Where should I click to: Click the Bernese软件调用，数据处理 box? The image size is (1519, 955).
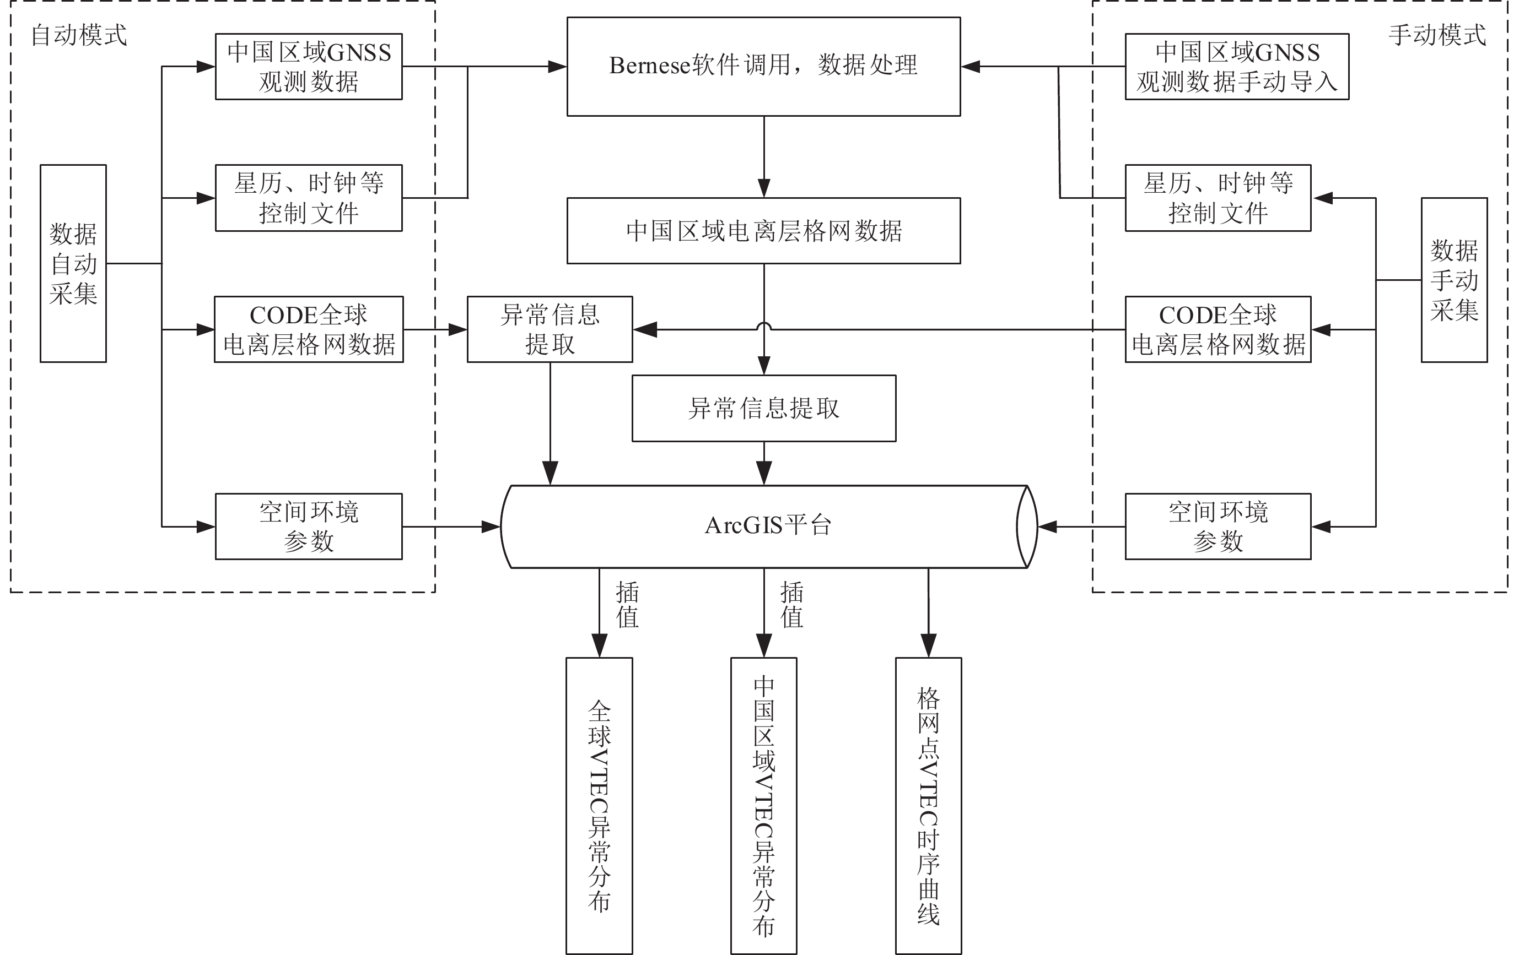coord(763,66)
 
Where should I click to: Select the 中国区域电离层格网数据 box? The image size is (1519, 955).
coord(763,231)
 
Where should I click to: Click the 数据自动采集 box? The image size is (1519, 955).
coord(73,263)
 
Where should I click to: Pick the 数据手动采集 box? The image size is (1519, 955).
coord(1453,280)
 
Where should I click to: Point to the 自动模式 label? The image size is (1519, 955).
coord(79,35)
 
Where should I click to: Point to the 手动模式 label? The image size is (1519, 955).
coord(1437,35)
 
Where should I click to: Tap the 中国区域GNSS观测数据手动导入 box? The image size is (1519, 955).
coord(1236,66)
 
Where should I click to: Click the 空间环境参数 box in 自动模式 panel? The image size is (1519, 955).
coord(309,527)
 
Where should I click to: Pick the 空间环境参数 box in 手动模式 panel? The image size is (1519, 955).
coord(1218,527)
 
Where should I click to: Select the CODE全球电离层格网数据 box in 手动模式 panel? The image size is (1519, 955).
coord(1218,329)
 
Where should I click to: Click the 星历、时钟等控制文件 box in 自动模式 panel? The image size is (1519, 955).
coord(309,198)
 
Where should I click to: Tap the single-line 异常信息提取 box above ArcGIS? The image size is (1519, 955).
coord(763,409)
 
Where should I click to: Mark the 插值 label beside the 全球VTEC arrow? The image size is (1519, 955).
coord(627,605)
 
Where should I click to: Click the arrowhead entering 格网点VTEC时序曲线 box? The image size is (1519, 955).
coord(928,647)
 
